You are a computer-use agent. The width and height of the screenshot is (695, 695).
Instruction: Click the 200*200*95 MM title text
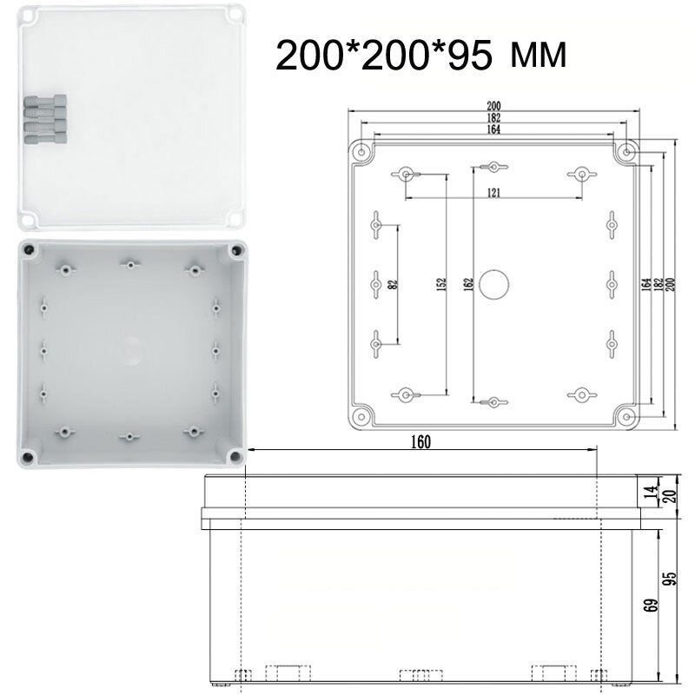click(422, 56)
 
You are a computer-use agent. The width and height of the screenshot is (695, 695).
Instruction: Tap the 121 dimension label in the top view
click(493, 193)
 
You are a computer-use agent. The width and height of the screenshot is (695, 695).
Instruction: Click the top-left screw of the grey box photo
click(30, 250)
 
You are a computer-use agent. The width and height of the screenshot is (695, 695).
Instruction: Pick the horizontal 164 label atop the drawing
click(493, 130)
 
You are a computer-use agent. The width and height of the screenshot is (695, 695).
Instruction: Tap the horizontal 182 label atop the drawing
click(493, 118)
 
